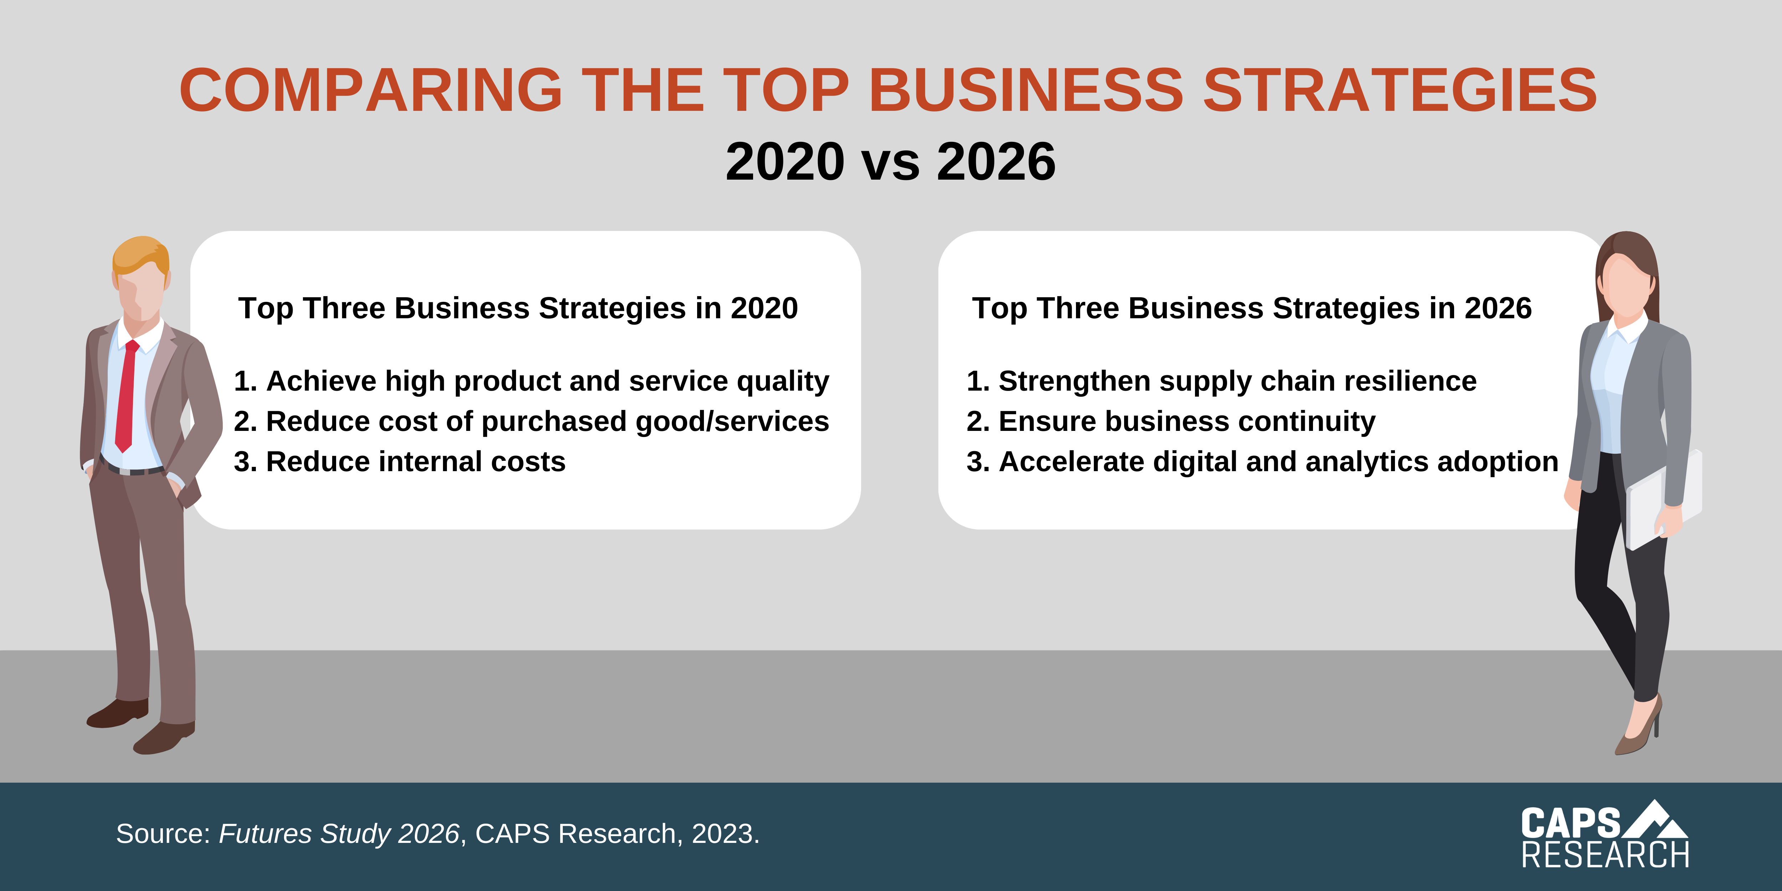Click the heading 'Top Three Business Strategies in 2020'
[x=518, y=309]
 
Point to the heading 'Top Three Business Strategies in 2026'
[x=1252, y=309]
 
